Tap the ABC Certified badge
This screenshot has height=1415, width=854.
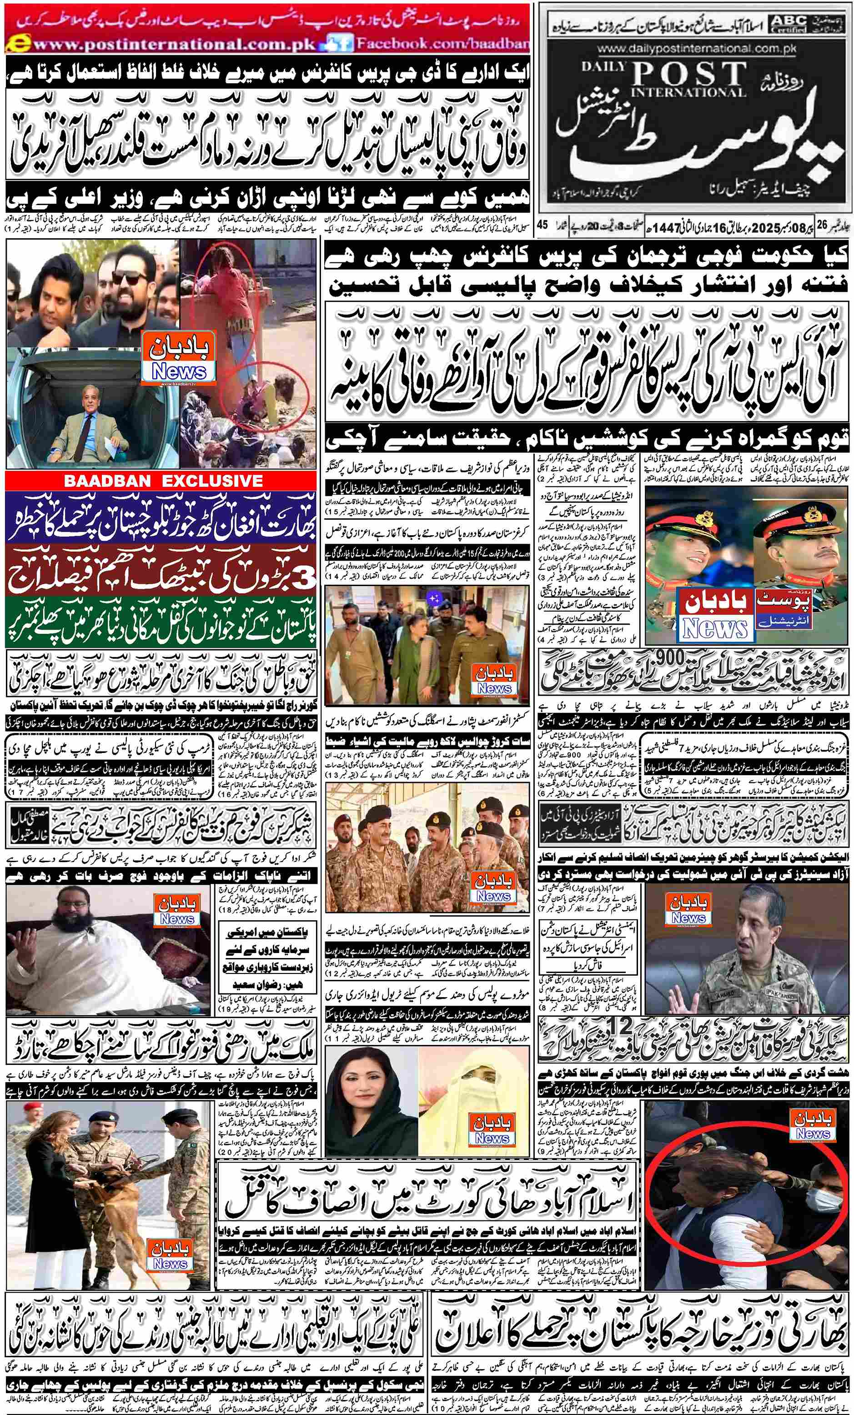789,23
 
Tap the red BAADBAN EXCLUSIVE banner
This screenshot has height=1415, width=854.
162,481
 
